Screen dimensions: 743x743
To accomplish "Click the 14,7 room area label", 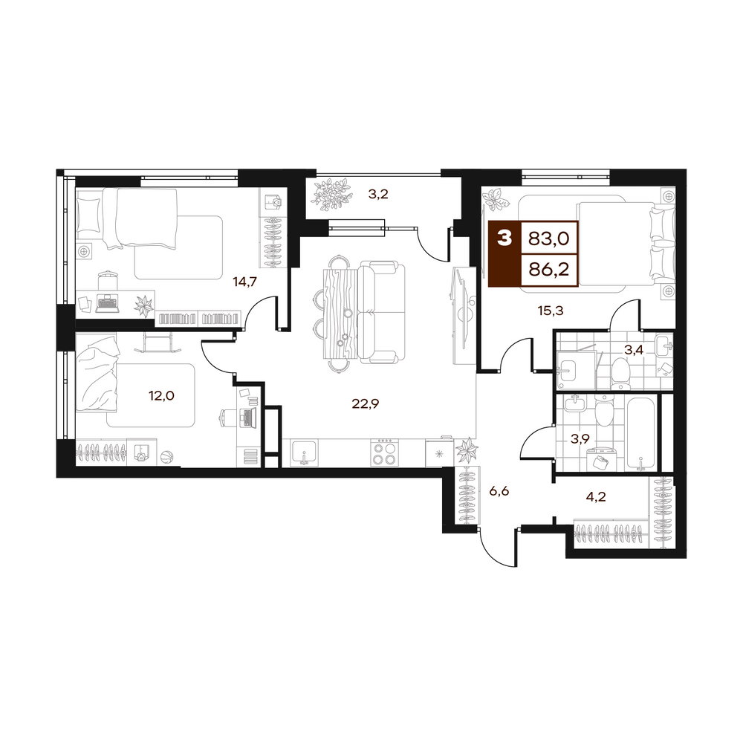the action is (244, 282).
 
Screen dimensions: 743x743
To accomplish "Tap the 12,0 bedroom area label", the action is (161, 395).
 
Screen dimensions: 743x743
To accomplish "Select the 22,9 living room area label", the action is (366, 403).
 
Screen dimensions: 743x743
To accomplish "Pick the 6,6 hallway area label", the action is (499, 491).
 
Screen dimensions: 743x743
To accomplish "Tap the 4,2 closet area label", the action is (596, 496).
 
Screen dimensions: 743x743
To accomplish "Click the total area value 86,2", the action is (549, 270).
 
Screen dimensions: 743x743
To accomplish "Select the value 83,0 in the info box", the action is (549, 239).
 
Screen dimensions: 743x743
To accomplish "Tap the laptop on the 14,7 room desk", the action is (108, 302).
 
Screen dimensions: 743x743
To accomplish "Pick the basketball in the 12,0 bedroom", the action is (166, 457).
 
